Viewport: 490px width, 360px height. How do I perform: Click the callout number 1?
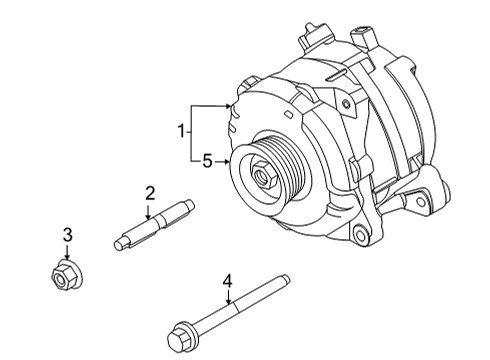181,130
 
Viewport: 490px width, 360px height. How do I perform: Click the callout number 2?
148,193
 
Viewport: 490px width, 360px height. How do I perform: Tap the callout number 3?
67,236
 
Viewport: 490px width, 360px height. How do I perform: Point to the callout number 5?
207,159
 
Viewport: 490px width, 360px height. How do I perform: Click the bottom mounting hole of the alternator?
361,238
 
